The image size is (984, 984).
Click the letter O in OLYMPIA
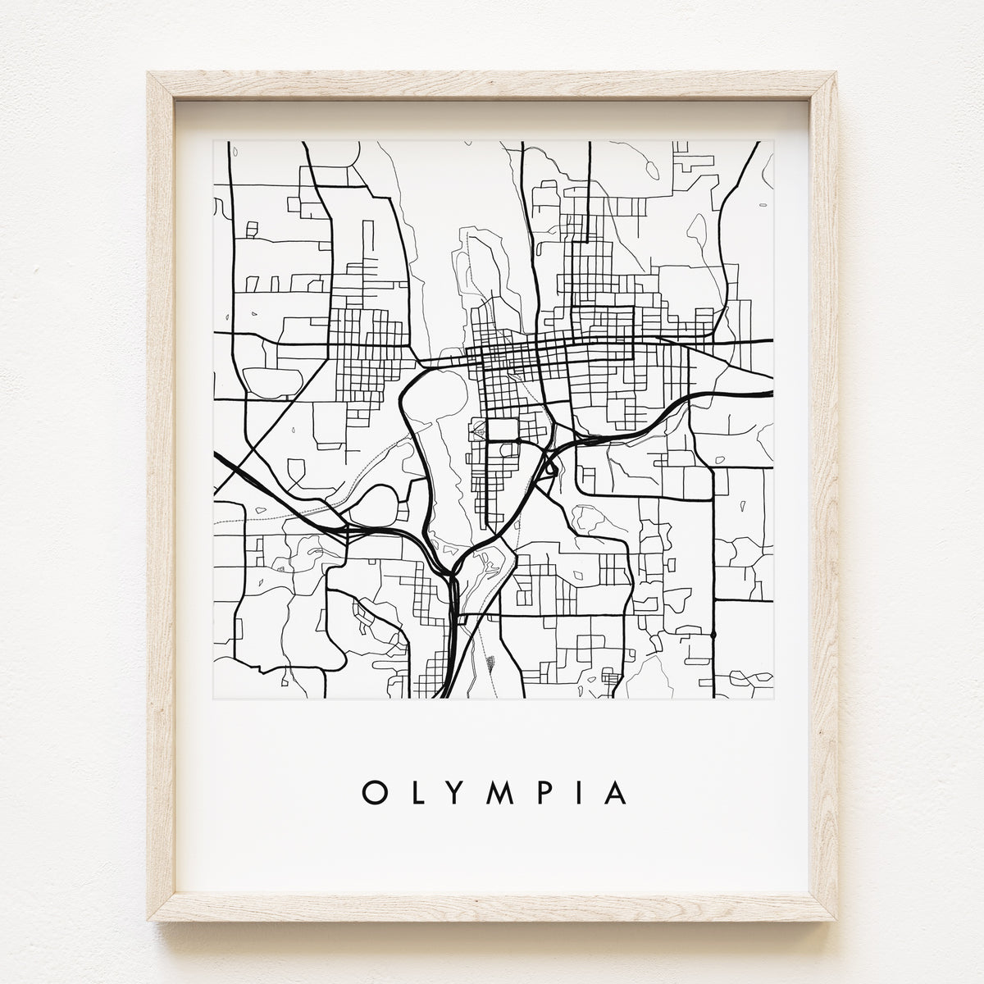371,793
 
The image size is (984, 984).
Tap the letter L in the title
412,793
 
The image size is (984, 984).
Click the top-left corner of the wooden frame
148,73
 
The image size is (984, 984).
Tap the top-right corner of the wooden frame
839,73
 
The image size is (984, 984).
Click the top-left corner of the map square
214,141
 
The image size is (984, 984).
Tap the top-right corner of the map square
773,141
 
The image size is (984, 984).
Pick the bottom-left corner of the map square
214,698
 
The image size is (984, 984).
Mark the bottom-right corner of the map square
773,698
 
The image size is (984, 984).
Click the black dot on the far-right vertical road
714,634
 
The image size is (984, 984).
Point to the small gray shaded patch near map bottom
490,661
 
